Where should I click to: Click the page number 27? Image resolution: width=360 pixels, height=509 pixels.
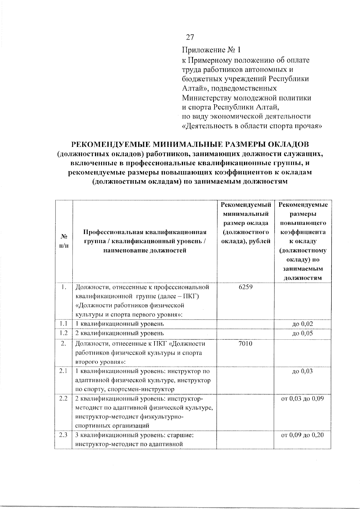pos(190,37)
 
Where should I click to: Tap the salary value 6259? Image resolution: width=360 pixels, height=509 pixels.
pos(245,287)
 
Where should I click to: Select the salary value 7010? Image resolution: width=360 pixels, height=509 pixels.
pos(245,344)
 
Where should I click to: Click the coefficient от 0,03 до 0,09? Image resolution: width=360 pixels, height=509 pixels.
pos(302,399)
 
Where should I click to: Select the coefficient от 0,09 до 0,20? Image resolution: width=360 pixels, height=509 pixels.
pos(302,435)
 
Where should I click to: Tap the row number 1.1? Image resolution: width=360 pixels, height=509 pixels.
pos(63,324)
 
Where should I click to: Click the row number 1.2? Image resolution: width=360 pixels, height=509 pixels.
pos(63,333)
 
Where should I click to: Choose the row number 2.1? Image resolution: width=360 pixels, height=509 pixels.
pos(63,371)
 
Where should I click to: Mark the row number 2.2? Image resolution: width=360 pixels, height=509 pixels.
pos(63,399)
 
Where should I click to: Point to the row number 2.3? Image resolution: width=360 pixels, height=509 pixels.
pos(63,435)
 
